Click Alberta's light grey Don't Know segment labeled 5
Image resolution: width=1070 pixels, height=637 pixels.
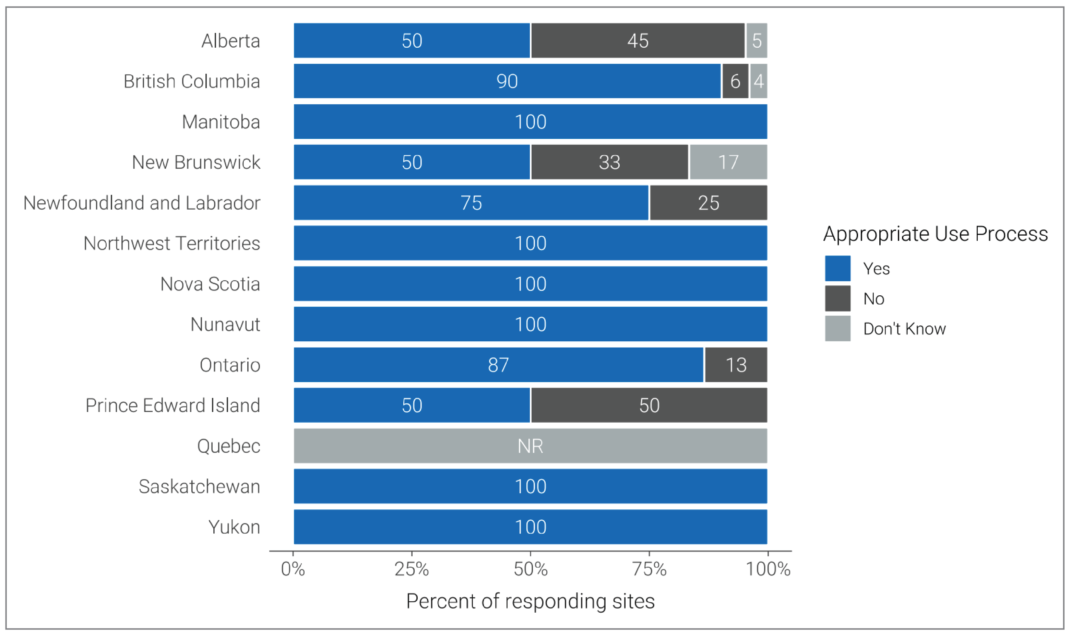tap(757, 41)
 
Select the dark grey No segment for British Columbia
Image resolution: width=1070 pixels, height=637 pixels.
tap(735, 81)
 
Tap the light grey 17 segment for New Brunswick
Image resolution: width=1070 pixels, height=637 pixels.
tap(728, 162)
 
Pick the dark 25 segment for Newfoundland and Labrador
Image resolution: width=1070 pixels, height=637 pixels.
tap(708, 203)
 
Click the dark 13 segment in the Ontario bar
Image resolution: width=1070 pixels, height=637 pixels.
tap(736, 365)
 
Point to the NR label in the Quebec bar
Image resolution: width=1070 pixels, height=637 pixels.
tap(530, 446)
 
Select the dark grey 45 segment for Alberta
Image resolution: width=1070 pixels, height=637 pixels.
tap(638, 41)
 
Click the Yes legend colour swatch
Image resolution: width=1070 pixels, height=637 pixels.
tap(837, 269)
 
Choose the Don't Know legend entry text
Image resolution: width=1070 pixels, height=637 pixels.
tap(904, 329)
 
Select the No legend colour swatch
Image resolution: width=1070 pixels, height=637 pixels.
tap(837, 299)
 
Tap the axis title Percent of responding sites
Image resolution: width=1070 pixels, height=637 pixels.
tap(530, 601)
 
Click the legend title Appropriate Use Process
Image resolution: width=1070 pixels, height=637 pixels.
tap(935, 234)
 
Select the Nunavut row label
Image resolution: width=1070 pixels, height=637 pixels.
tap(225, 325)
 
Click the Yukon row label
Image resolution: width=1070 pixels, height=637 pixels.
tap(234, 527)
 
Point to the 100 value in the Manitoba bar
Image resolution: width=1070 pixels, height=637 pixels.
tap(530, 122)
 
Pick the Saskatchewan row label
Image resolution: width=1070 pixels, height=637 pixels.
tap(200, 487)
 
